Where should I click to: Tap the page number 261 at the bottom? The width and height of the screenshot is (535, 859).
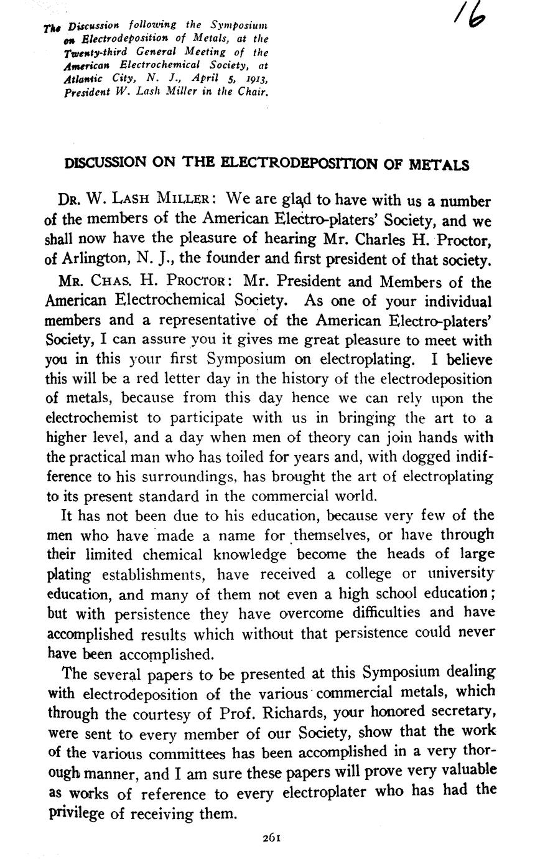click(272, 837)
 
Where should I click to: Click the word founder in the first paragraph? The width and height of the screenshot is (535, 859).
click(289, 260)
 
